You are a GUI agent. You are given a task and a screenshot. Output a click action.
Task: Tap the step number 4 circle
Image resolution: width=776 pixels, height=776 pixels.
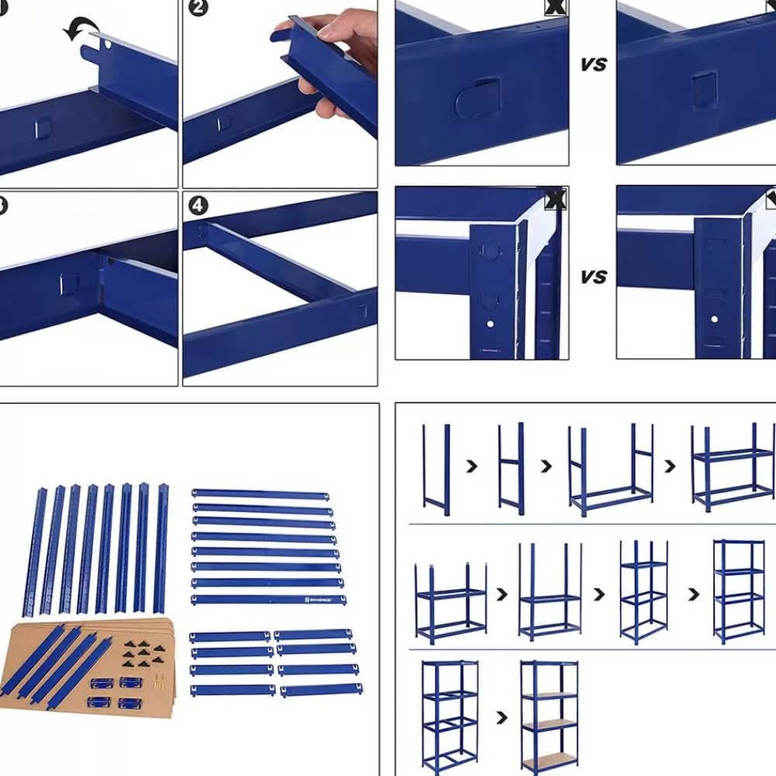pos(199,206)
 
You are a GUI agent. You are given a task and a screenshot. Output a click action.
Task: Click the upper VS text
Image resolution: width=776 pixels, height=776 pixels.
pos(594,65)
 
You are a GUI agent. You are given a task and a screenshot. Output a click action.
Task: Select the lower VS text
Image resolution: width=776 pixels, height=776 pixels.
pos(594,277)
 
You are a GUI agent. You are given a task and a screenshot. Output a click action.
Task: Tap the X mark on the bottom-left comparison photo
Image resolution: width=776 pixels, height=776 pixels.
pos(556,199)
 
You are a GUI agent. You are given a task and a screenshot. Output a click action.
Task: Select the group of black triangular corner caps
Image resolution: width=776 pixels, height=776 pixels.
pos(140,655)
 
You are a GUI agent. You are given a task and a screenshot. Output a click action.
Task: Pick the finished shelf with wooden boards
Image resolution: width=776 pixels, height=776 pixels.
pos(549,716)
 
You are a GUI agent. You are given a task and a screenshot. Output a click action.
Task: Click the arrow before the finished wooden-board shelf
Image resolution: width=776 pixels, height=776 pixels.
pos(501,717)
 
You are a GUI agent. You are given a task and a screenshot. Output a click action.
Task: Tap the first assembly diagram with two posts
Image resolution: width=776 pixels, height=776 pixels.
pos(436,469)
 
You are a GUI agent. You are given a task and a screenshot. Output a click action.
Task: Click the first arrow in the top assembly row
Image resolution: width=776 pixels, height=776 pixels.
pos(471,466)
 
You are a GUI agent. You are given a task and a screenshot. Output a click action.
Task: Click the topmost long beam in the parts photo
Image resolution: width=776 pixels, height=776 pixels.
pos(259,494)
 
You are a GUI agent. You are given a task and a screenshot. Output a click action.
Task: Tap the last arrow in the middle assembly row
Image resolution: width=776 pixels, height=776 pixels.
pos(692,594)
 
